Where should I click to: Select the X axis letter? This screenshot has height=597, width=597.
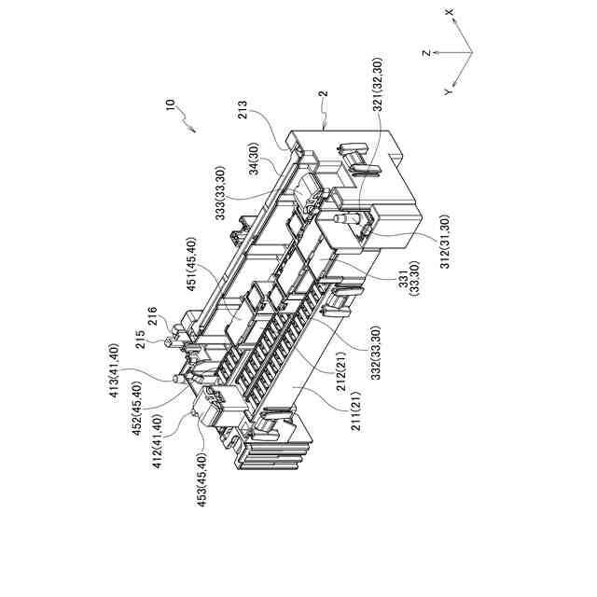[450, 12]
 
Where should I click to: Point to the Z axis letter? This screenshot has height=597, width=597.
[425, 53]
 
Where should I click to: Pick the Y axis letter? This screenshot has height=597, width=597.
[449, 92]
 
